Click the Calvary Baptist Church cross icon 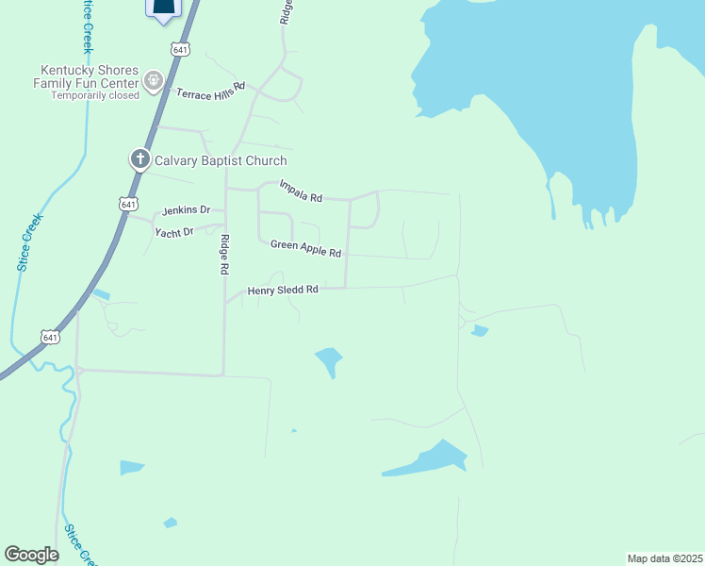(x=139, y=158)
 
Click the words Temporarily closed (x=94, y=95)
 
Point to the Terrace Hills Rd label (x=210, y=90)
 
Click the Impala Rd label (x=302, y=191)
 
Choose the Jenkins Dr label (x=186, y=210)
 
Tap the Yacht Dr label (x=175, y=231)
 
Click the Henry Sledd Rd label (x=283, y=291)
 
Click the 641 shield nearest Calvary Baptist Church (x=128, y=203)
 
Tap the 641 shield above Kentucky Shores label (x=181, y=48)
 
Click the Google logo (x=31, y=555)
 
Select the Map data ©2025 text (x=664, y=558)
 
